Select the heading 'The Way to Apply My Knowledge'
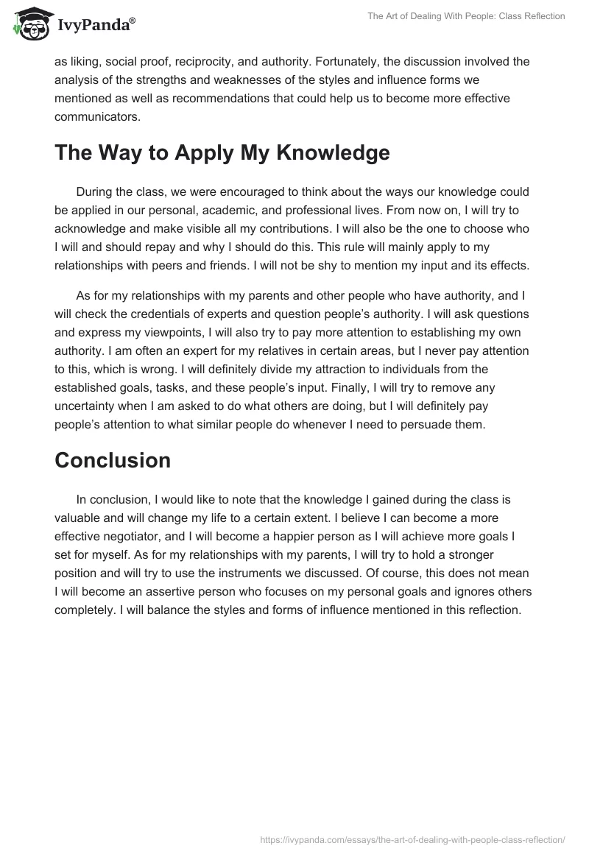(222, 153)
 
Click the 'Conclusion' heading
(113, 461)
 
